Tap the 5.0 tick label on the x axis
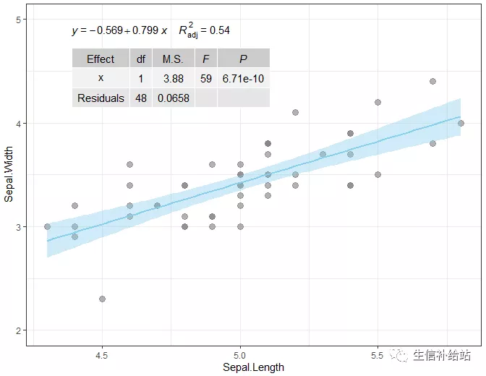click(x=240, y=356)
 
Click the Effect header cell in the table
click(x=101, y=59)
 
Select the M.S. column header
click(x=173, y=59)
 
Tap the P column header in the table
click(x=243, y=59)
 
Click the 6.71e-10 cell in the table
click(x=243, y=78)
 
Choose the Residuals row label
click(x=101, y=98)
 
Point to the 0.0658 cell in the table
click(x=173, y=98)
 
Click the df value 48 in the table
click(x=140, y=98)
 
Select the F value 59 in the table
click(x=206, y=78)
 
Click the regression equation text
click(x=119, y=30)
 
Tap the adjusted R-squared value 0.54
click(x=220, y=30)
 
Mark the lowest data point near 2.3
click(x=102, y=299)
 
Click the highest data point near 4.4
click(x=432, y=82)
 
